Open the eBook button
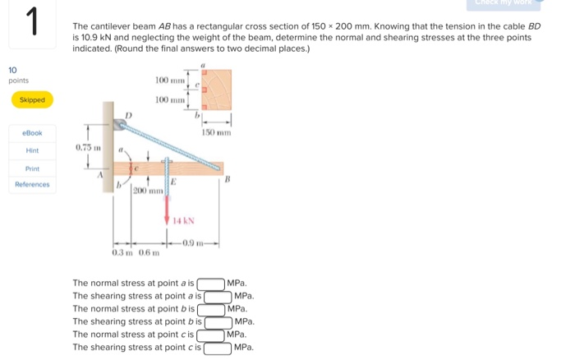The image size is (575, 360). (x=32, y=132)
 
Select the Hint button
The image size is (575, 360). (x=32, y=150)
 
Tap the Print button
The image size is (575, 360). (x=32, y=168)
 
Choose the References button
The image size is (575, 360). (x=32, y=185)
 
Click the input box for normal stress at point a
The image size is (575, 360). (x=210, y=284)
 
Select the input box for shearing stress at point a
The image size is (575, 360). (x=218, y=296)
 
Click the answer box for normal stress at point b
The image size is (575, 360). (x=210, y=309)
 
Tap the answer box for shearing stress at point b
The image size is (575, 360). (x=218, y=322)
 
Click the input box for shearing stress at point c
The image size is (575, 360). (x=218, y=348)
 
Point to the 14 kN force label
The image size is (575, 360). (x=183, y=220)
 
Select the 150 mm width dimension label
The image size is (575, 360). (x=218, y=132)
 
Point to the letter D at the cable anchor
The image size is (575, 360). (x=127, y=114)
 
